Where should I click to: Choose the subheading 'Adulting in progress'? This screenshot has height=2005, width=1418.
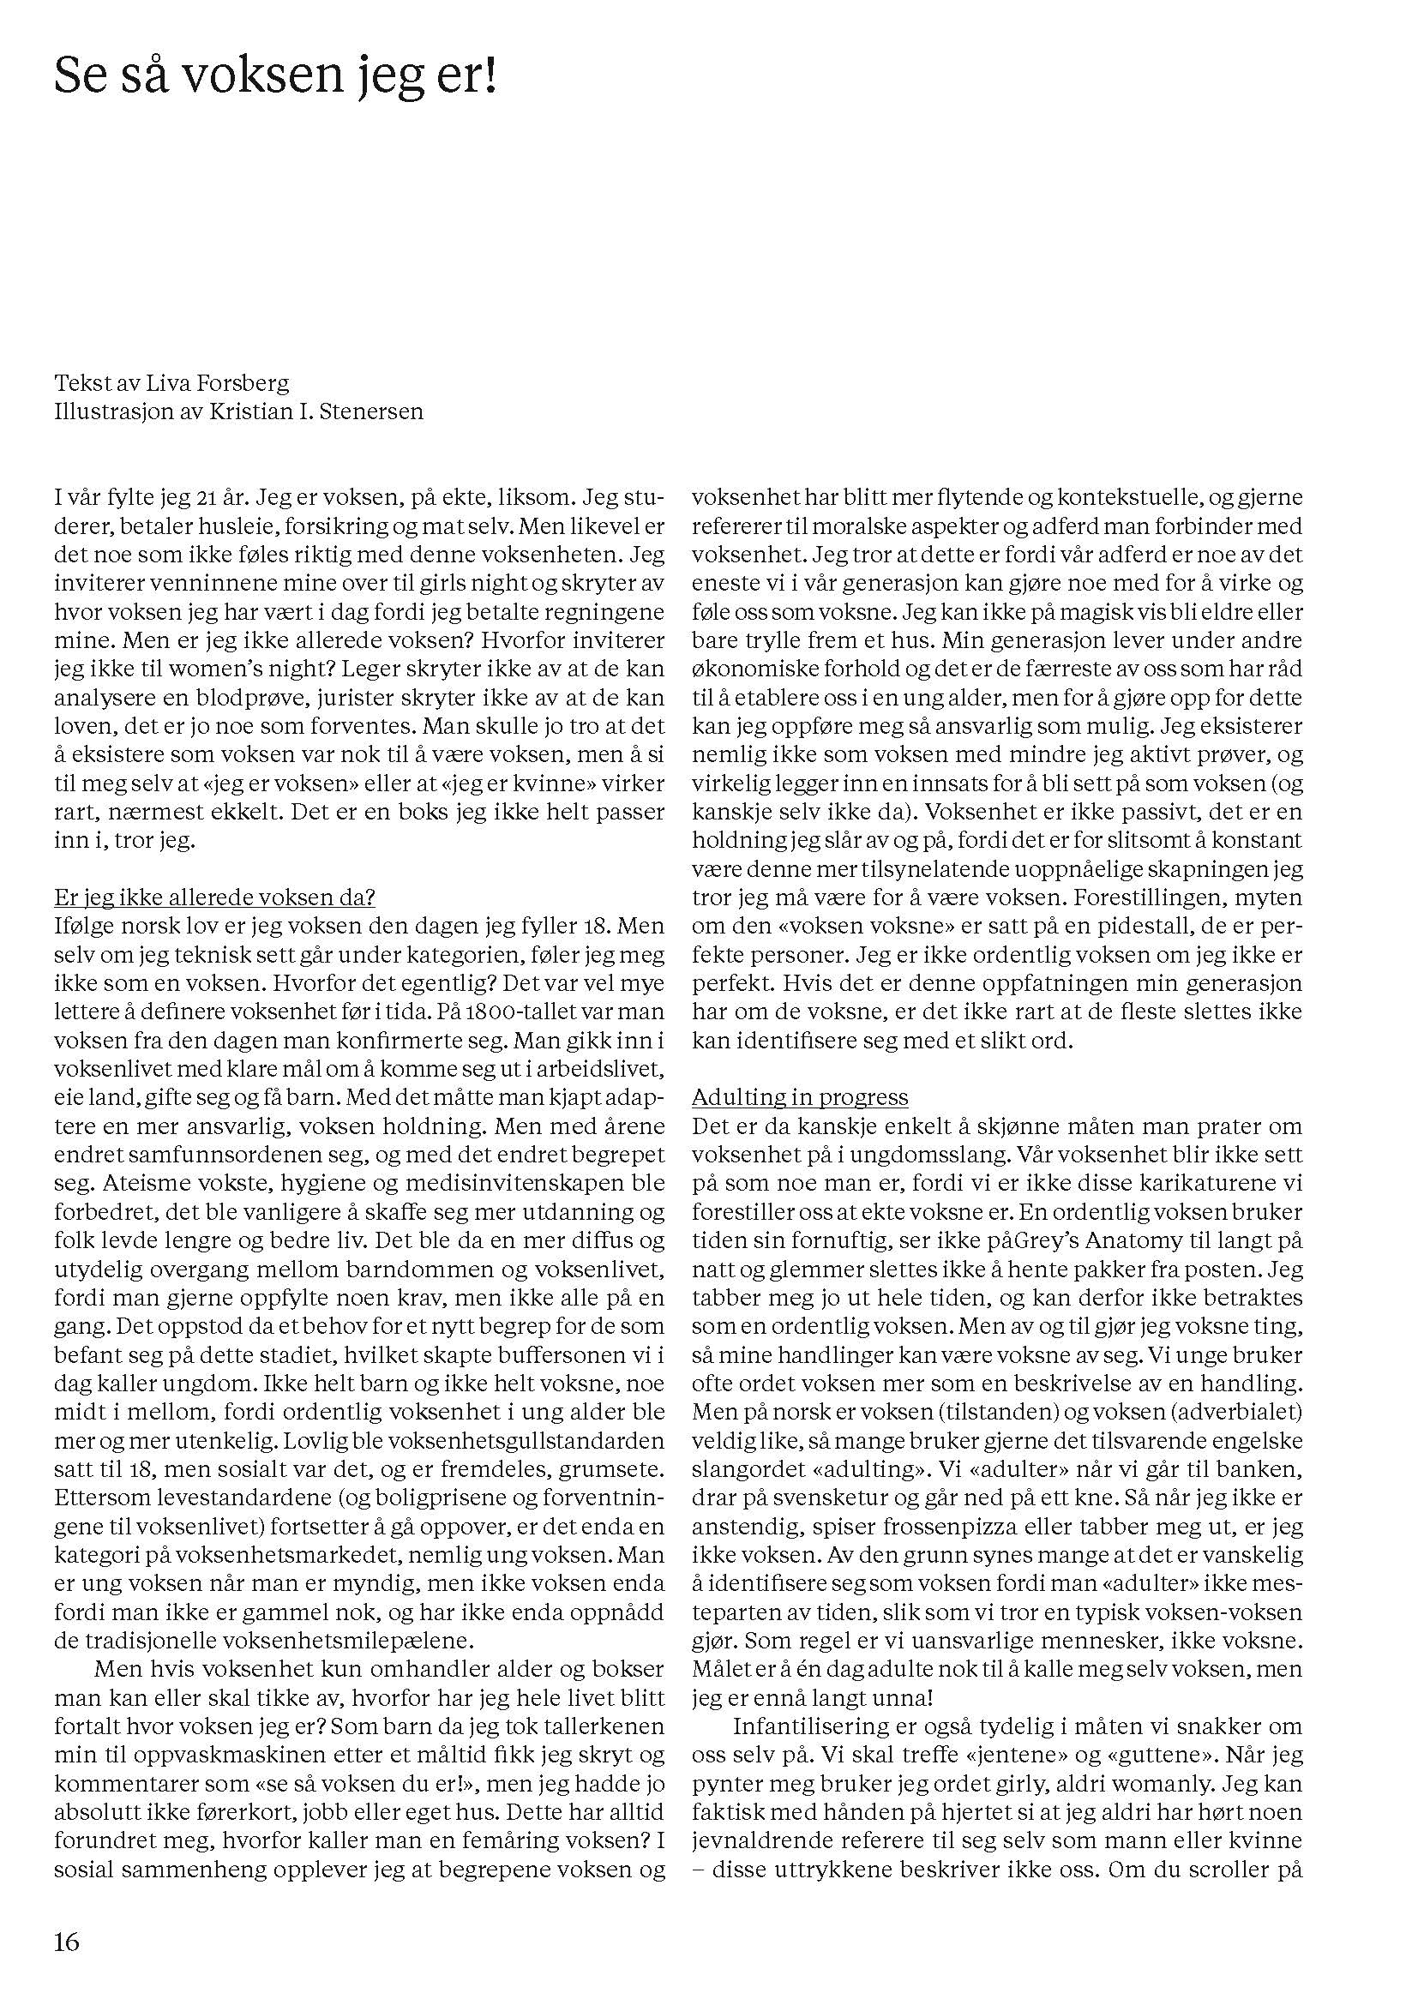(800, 1097)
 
